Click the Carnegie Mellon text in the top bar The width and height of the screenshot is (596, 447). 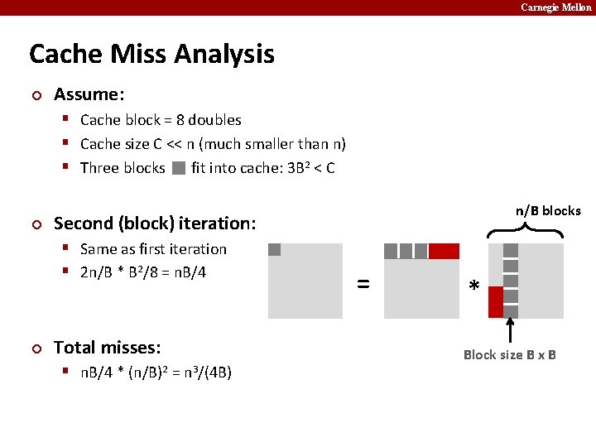[x=555, y=7]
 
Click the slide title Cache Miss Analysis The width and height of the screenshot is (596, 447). [x=151, y=55]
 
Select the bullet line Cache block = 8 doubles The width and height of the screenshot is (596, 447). [x=161, y=120]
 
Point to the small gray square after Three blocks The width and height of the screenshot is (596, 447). [x=179, y=168]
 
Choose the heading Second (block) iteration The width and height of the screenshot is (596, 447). [x=155, y=223]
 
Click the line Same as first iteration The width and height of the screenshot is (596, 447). [x=153, y=249]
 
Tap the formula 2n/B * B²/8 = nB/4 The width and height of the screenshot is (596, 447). [x=143, y=272]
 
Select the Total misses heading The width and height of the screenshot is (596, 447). [x=107, y=348]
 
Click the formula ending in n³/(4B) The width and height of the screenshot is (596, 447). [x=156, y=372]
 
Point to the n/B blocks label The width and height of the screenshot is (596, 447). [x=548, y=211]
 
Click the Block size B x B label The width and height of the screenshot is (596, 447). [x=509, y=355]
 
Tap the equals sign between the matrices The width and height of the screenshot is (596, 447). [x=363, y=283]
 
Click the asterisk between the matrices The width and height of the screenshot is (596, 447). [x=473, y=286]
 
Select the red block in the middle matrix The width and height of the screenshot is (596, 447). [x=444, y=251]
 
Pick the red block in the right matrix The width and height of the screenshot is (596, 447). [x=496, y=302]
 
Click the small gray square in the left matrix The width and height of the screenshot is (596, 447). [x=275, y=250]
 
